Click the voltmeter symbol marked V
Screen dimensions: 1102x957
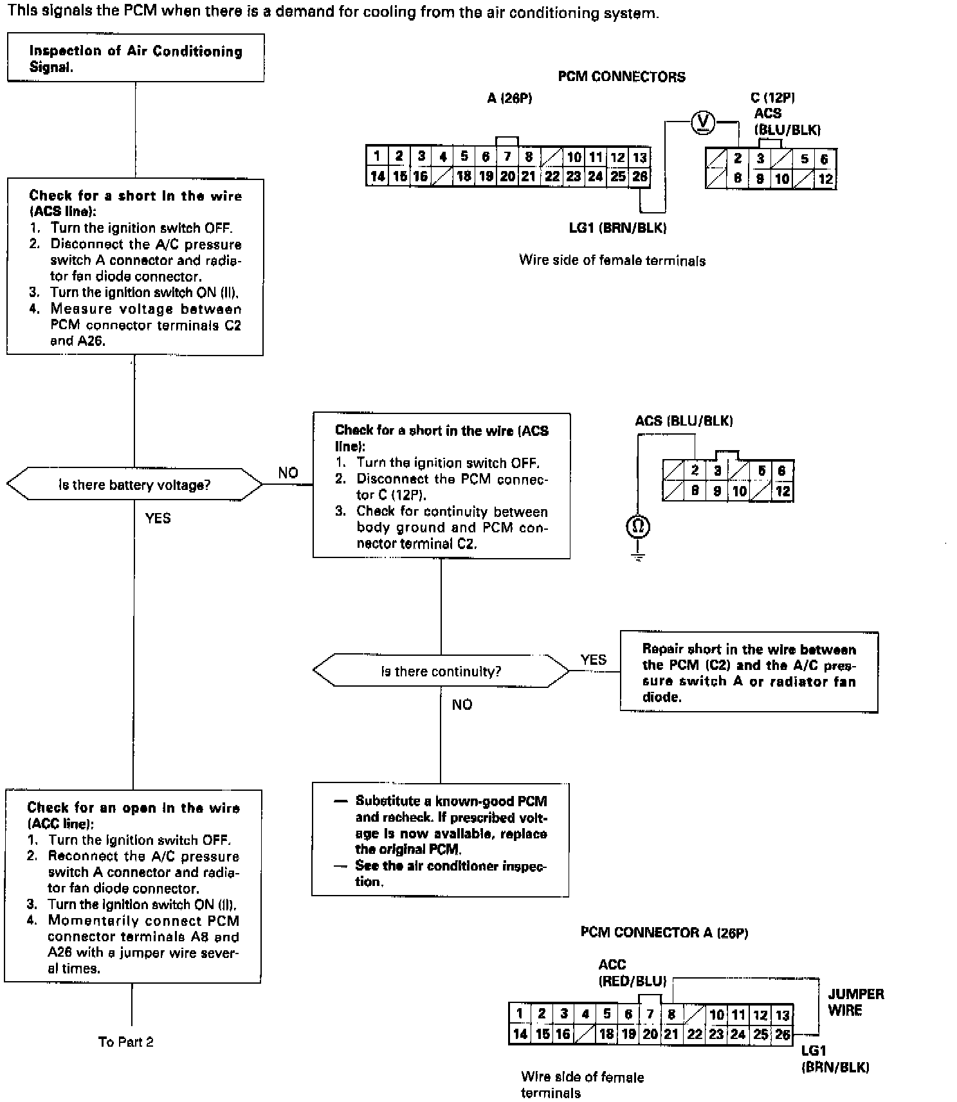click(x=703, y=122)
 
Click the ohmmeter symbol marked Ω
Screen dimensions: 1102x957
click(x=638, y=527)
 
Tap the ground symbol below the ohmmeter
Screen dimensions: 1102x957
click(x=638, y=557)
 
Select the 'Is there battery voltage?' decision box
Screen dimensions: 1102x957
click(x=134, y=485)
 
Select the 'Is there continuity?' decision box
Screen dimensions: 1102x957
click(x=441, y=671)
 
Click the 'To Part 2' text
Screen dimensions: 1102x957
click(x=126, y=1042)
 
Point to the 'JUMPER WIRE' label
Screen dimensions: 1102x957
click(x=855, y=1002)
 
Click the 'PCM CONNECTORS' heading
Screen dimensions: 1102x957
click(x=621, y=77)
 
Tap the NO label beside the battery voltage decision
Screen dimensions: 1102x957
click(x=288, y=473)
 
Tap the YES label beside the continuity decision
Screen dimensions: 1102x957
click(x=593, y=660)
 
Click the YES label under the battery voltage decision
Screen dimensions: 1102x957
click(x=158, y=518)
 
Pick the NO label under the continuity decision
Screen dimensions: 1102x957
click(x=462, y=705)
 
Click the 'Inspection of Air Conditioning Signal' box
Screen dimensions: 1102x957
click(x=136, y=59)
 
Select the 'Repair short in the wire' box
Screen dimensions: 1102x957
click(x=749, y=673)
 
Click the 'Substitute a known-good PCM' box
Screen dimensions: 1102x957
click(x=441, y=840)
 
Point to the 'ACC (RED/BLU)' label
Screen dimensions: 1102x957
click(x=632, y=973)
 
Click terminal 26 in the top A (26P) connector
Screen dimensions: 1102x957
click(x=639, y=176)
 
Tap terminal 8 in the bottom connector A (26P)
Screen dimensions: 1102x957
click(x=671, y=1015)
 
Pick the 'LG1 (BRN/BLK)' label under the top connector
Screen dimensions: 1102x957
click(x=617, y=228)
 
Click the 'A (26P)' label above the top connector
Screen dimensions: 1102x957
click(x=509, y=98)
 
